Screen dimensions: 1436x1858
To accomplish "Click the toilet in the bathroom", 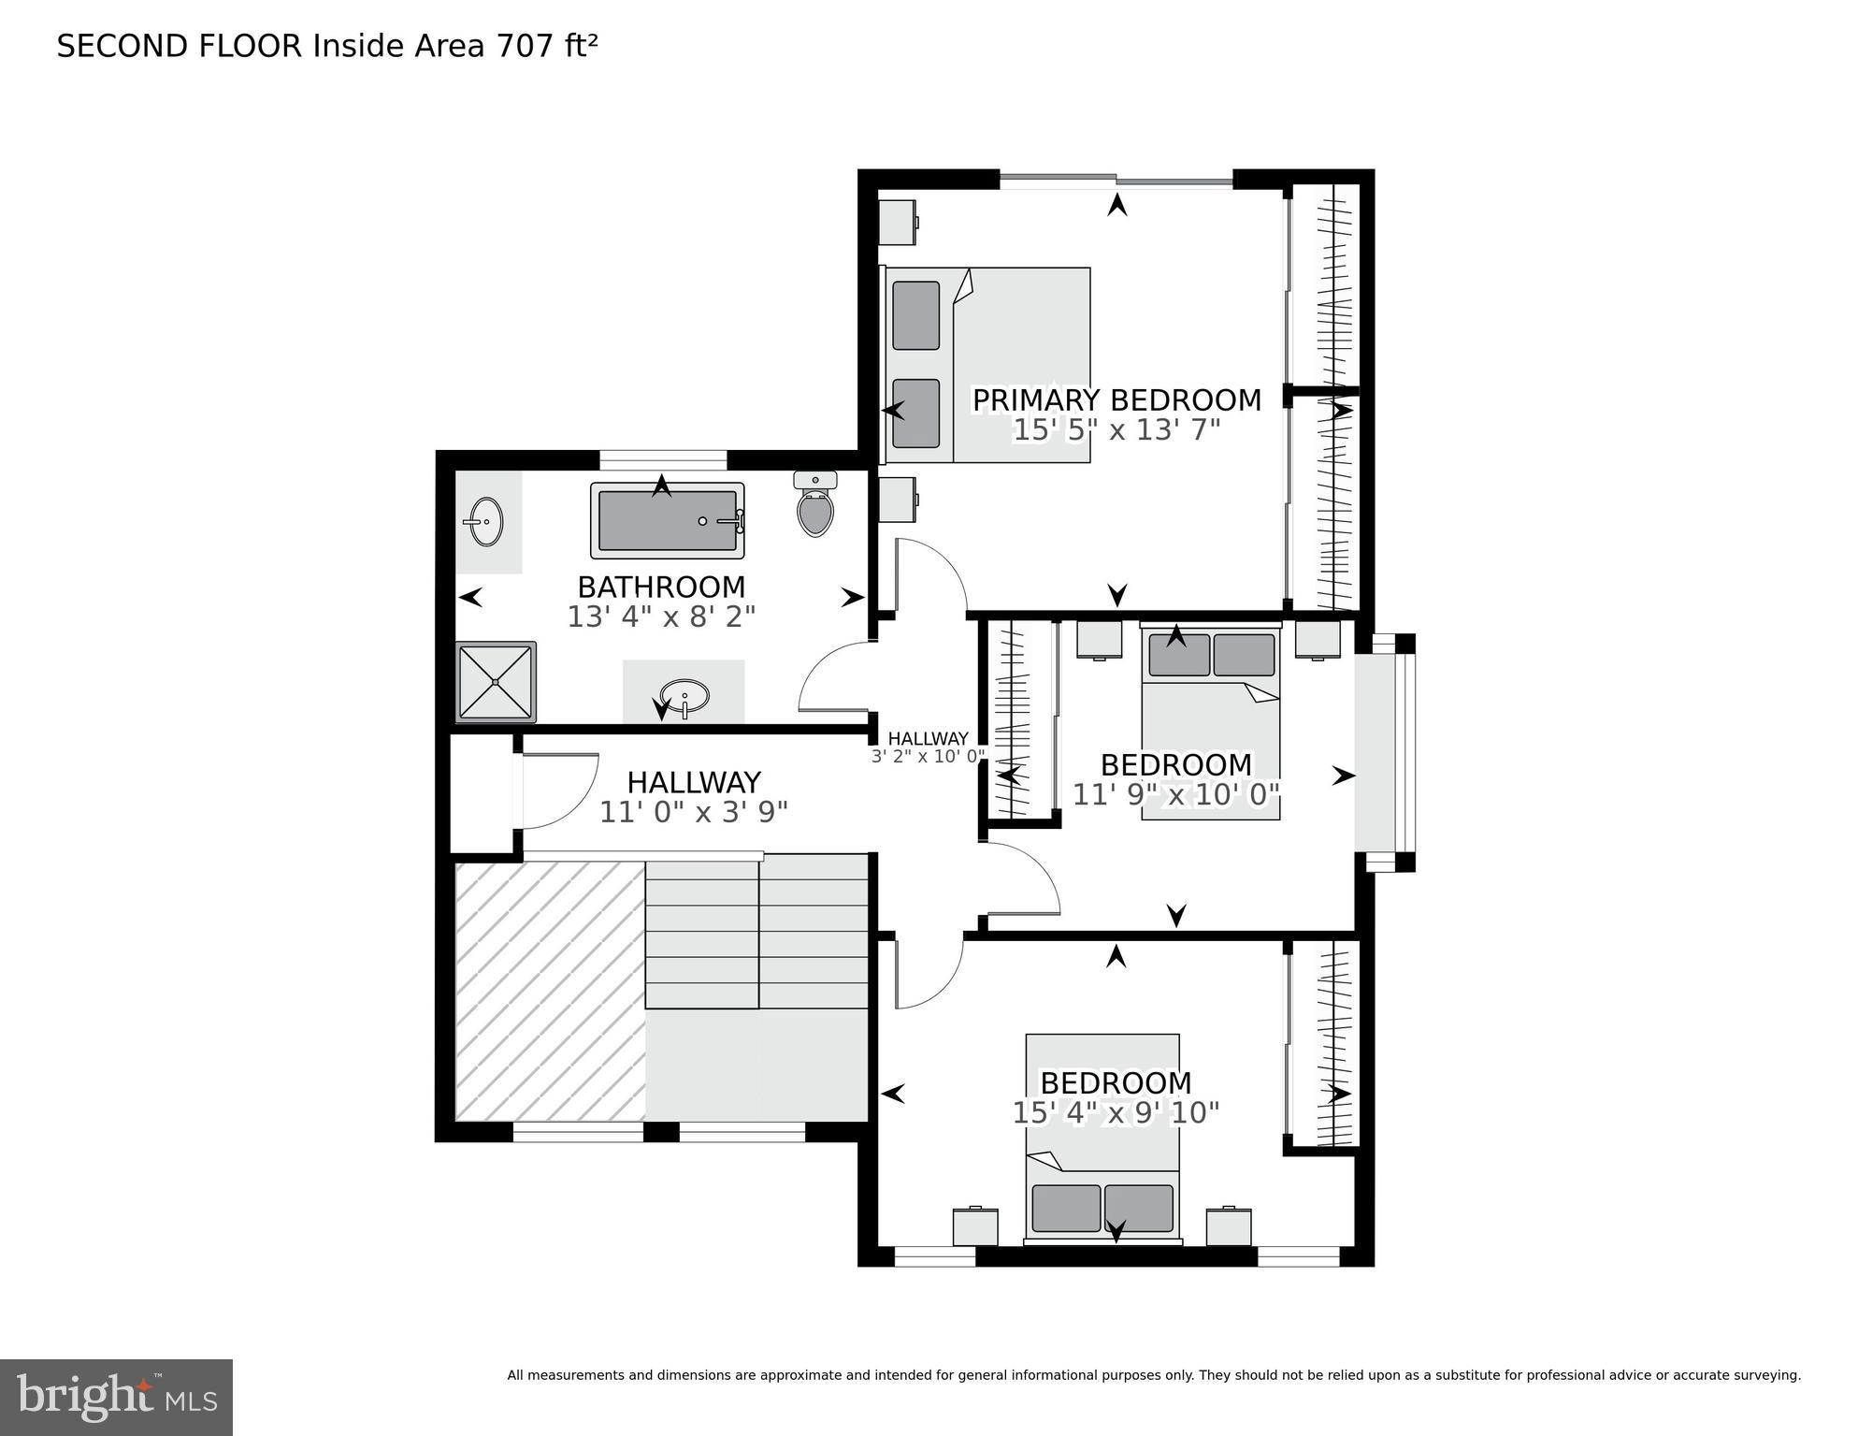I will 815,508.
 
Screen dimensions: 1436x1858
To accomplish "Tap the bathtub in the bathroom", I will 667,521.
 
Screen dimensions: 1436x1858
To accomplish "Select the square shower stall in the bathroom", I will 495,682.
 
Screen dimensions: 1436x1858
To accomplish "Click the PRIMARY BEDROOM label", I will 1116,400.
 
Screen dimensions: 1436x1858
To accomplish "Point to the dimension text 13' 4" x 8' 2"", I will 661,617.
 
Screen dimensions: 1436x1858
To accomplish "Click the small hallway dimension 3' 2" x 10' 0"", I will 928,757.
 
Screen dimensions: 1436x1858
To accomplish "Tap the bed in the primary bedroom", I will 987,365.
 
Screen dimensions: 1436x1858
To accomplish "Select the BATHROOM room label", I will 661,587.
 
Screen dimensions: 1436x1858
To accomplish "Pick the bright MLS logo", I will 116,1397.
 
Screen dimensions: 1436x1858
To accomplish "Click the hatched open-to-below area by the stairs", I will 550,990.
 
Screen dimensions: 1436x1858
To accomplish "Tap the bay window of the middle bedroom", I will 1387,753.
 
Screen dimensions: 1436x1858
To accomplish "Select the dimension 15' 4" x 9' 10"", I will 1116,1113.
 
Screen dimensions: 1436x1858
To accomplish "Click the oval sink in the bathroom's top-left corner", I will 486,521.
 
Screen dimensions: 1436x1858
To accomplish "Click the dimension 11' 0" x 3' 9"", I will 693,812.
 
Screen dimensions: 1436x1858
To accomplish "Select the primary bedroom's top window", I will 1116,180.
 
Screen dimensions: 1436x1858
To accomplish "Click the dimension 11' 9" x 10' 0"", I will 1175,795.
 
